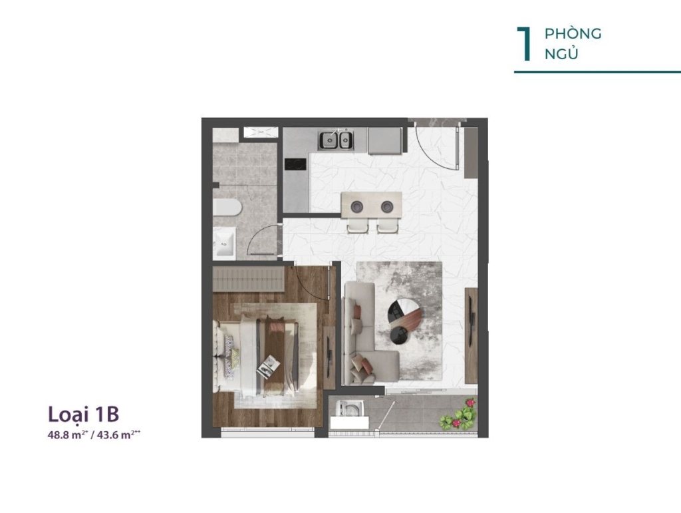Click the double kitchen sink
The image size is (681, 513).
tap(336, 140)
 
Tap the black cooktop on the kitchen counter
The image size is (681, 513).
tap(295, 164)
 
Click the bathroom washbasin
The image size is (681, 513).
tap(223, 244)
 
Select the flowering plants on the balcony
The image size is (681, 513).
tap(459, 415)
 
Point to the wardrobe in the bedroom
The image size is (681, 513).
tap(249, 279)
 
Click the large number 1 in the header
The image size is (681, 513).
tap(523, 45)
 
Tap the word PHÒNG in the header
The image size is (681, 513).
tap(573, 34)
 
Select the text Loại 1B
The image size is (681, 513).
tap(83, 415)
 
